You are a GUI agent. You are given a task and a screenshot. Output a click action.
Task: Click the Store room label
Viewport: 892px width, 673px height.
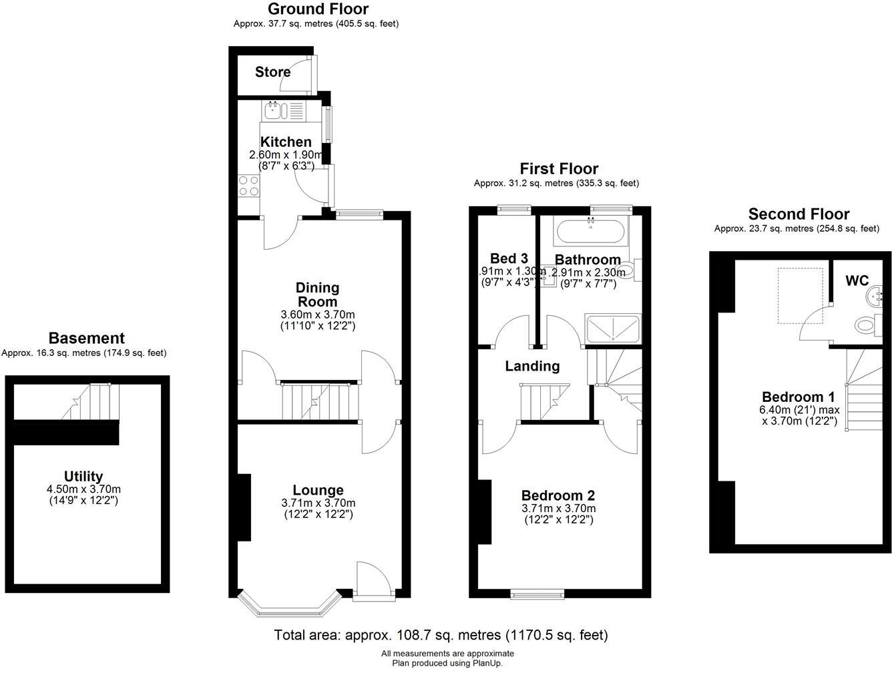coord(272,71)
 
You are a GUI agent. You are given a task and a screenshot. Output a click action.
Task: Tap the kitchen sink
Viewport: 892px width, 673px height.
coord(276,109)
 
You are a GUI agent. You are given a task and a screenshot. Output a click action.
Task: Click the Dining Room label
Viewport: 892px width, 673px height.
coord(318,294)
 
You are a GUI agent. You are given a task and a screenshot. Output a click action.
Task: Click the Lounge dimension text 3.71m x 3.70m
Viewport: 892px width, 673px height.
coord(318,503)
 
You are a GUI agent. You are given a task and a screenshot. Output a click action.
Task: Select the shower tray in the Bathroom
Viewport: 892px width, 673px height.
coord(612,329)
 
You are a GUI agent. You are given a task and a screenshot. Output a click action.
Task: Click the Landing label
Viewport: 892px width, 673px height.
coord(532,366)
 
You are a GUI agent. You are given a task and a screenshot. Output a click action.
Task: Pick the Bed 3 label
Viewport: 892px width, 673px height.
coord(509,258)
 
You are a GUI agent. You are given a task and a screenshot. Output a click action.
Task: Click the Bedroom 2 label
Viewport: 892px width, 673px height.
coord(557,495)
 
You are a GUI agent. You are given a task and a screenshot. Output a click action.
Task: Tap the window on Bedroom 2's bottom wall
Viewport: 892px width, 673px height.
coord(537,593)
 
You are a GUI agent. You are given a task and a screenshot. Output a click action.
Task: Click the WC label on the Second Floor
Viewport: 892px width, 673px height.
coord(857,280)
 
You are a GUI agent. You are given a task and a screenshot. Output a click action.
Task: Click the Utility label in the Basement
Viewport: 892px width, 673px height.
coord(83,476)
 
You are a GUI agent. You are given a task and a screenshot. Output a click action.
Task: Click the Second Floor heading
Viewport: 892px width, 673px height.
coord(799,214)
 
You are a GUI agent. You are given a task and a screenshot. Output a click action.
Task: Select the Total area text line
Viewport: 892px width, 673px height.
coord(441,634)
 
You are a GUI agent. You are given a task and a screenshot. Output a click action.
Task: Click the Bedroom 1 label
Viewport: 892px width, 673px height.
coord(798,397)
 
